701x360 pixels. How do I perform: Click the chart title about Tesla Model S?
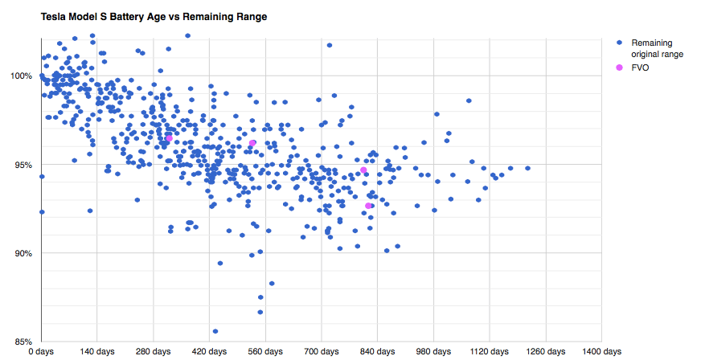[x=153, y=16]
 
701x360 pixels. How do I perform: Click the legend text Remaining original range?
[x=657, y=48]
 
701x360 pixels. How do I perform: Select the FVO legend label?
[x=641, y=68]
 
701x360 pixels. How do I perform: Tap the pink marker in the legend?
[x=619, y=68]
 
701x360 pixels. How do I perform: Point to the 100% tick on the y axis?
[x=22, y=76]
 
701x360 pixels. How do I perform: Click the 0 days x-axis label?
[x=41, y=352]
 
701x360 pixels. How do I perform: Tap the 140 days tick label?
[x=97, y=352]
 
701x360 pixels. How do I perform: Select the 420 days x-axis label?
[x=209, y=352]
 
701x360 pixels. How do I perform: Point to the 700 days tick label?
[x=322, y=352]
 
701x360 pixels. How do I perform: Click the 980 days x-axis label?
[x=433, y=352]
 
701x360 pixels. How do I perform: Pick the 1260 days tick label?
[x=546, y=352]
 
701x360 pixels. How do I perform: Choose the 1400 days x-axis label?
[x=602, y=352]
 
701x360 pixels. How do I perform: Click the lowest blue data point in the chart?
[x=215, y=331]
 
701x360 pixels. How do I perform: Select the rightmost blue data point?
[x=527, y=168]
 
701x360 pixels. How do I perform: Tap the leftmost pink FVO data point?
[x=169, y=139]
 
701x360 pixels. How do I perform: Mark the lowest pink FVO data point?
[x=368, y=206]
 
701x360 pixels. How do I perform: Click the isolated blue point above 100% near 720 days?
[x=330, y=45]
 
